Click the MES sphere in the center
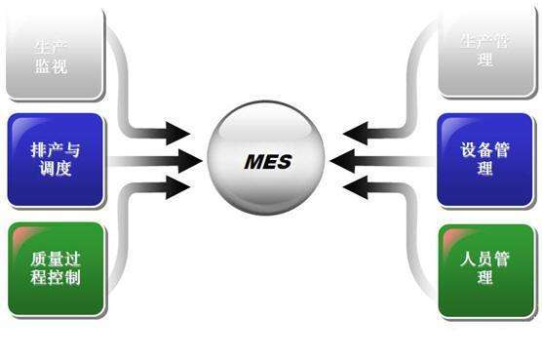tap(268, 161)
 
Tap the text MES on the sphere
tap(267, 161)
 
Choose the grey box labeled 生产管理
tap(485, 49)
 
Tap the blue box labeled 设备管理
tap(485, 160)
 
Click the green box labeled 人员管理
tap(485, 269)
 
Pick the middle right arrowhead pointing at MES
tap(347, 160)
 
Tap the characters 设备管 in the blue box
tap(485, 151)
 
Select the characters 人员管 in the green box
tap(485, 260)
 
